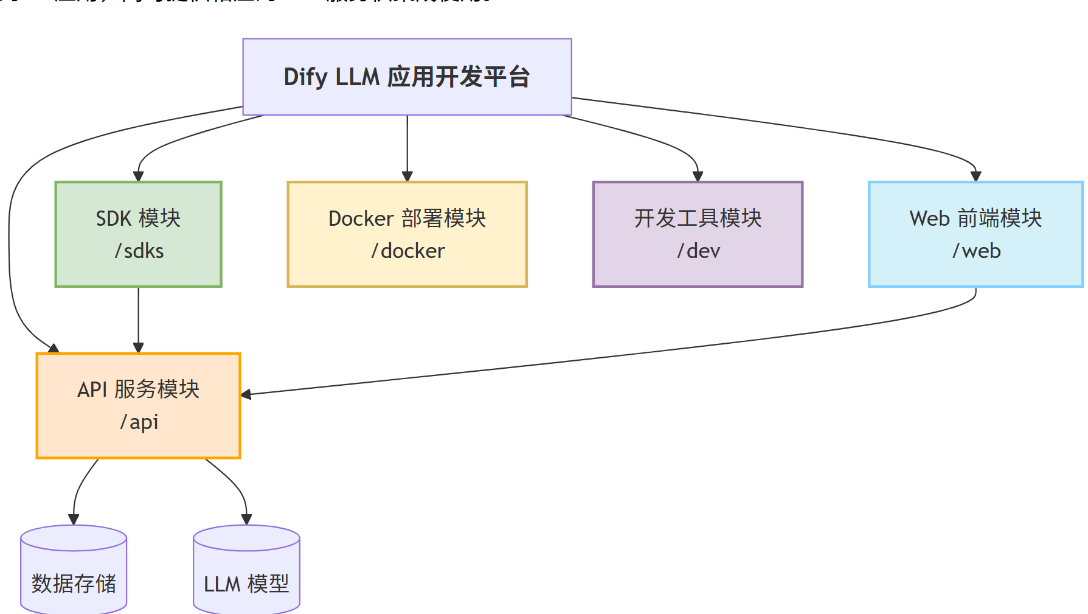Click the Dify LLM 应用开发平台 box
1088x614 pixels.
click(x=407, y=77)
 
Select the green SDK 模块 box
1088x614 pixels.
click(x=139, y=234)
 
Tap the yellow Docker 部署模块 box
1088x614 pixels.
click(x=407, y=234)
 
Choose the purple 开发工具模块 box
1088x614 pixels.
click(x=698, y=234)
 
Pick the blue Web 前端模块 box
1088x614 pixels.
click(x=975, y=234)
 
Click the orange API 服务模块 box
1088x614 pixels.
click(x=139, y=405)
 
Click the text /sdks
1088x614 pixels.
click(x=139, y=251)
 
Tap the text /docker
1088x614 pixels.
click(x=408, y=251)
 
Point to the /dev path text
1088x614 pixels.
click(x=699, y=251)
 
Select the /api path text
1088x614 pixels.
click(x=139, y=422)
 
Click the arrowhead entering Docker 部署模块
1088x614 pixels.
click(x=407, y=176)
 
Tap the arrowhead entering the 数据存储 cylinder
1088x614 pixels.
click(x=74, y=519)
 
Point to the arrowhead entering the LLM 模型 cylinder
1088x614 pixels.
click(x=246, y=519)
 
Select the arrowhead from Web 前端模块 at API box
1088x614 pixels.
click(x=246, y=394)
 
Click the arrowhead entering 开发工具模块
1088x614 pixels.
click(x=698, y=176)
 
